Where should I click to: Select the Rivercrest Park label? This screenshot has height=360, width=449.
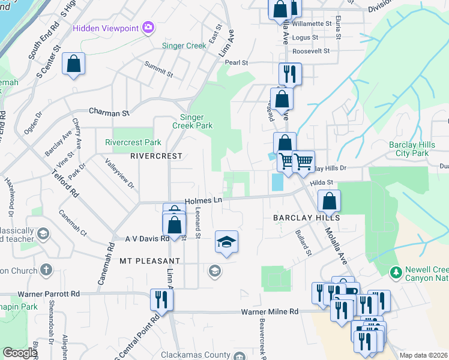click(x=133, y=143)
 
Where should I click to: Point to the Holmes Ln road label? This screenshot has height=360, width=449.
click(x=203, y=202)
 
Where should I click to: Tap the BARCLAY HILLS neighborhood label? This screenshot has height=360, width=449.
click(x=307, y=218)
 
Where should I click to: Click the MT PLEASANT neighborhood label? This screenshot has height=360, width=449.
click(x=149, y=261)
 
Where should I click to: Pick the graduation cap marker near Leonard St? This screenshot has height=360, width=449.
click(x=226, y=242)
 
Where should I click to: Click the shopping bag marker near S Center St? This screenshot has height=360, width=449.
click(x=73, y=64)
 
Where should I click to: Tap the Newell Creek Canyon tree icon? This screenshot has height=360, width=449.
click(x=396, y=272)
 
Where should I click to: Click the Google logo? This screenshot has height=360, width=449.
click(x=20, y=353)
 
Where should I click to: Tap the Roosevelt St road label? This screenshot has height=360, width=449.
click(x=311, y=51)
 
